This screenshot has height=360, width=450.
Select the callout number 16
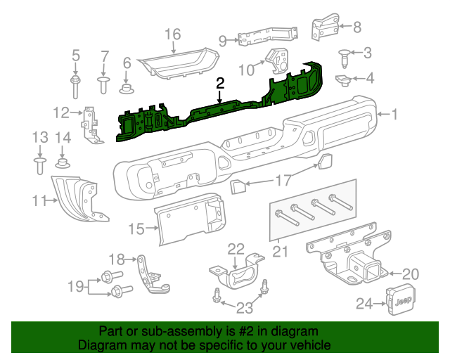[x=172, y=34]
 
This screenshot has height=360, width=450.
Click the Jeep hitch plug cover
[x=399, y=301]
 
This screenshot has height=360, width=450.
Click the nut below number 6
[x=127, y=88]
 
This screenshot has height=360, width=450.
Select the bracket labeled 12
[x=90, y=124]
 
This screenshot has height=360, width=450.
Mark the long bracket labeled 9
[x=264, y=36]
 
